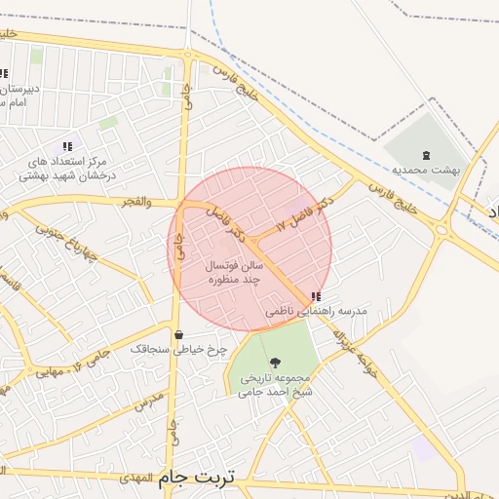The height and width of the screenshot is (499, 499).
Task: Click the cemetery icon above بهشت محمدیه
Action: point(426,155)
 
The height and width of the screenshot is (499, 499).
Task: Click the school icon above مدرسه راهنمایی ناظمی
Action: point(314,295)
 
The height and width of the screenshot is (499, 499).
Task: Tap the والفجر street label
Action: point(136,202)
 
